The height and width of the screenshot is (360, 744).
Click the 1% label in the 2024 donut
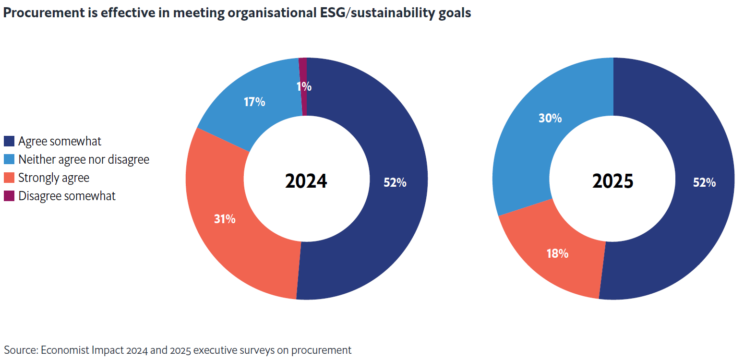point(304,87)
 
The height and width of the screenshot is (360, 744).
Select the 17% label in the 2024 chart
point(254,102)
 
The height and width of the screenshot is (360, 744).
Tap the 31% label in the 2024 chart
point(225,219)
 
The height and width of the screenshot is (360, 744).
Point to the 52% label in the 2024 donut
point(395,182)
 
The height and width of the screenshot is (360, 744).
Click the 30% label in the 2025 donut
point(550,118)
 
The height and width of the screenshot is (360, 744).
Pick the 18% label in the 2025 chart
point(557,253)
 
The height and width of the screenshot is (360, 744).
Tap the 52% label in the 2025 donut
point(704,182)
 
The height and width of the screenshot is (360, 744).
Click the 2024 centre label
point(306,181)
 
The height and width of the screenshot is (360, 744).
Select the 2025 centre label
point(613,181)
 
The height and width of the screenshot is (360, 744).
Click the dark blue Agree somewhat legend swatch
point(9,141)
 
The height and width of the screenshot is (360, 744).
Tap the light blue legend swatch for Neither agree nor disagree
point(9,159)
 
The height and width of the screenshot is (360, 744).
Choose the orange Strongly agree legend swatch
point(9,178)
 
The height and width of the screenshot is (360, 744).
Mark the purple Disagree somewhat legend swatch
point(9,196)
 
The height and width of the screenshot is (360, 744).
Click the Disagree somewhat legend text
point(67,196)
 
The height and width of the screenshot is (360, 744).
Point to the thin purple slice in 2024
point(303,72)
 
